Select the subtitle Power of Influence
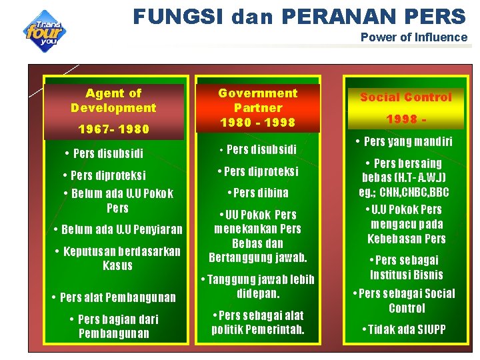click(x=413, y=37)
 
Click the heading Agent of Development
click(x=113, y=101)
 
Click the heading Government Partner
click(x=257, y=100)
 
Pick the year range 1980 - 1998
click(x=257, y=122)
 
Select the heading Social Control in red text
click(x=406, y=97)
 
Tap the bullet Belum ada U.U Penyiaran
click(x=118, y=230)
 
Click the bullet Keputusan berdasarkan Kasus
click(x=117, y=258)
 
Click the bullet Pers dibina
click(x=257, y=193)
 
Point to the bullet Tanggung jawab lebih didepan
click(x=257, y=286)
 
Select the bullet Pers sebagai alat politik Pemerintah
click(x=257, y=322)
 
